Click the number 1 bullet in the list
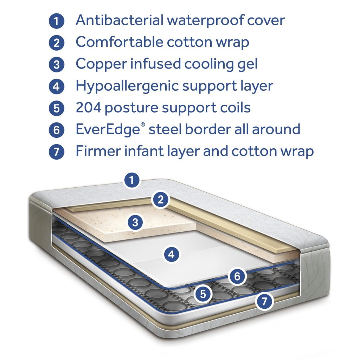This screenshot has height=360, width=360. (x=57, y=21)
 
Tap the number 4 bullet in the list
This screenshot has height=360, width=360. (x=57, y=86)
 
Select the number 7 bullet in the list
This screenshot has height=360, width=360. (x=57, y=152)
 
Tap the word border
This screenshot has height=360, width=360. (x=208, y=129)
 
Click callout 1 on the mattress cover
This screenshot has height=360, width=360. (x=132, y=181)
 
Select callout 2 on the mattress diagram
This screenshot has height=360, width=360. (x=161, y=200)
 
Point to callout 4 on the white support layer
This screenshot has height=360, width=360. (x=171, y=255)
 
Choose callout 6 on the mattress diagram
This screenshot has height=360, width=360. (x=237, y=277)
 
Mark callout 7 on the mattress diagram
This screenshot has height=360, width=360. (x=264, y=301)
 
